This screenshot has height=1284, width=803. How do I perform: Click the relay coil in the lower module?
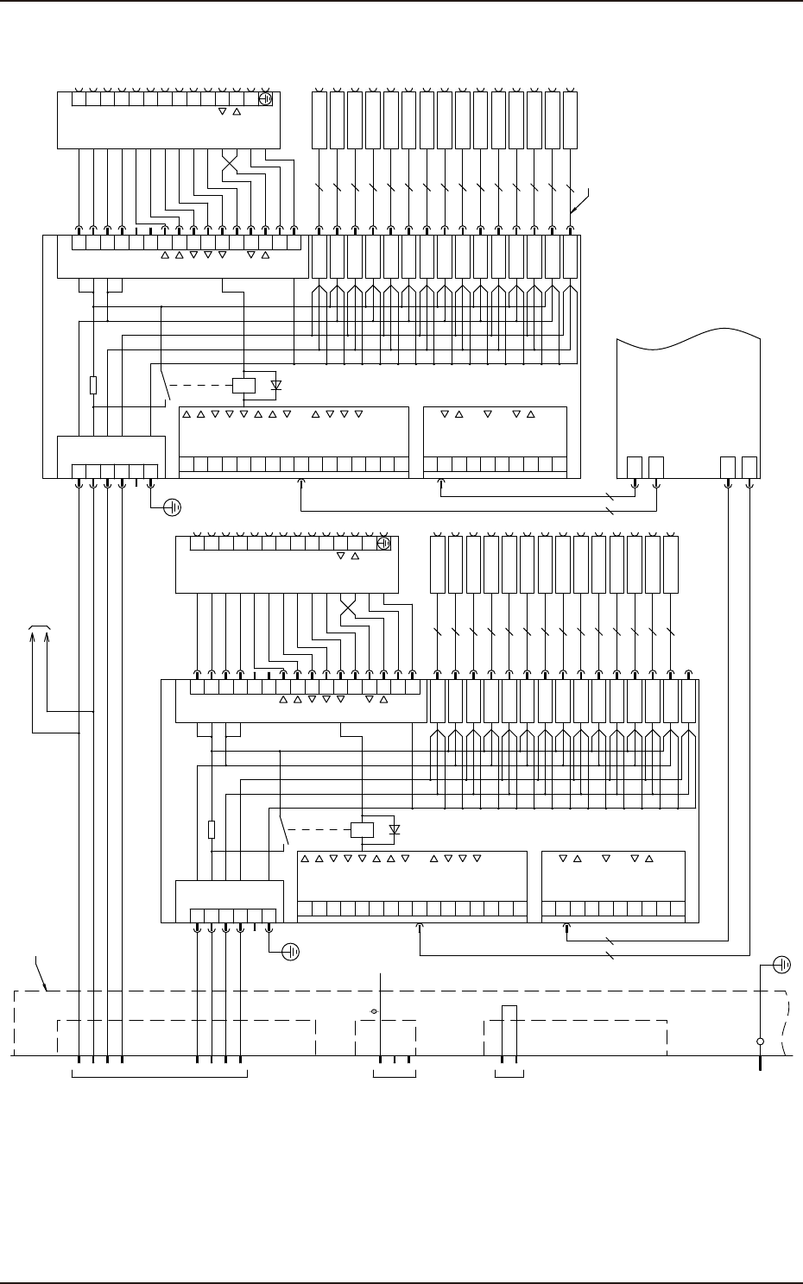(x=360, y=830)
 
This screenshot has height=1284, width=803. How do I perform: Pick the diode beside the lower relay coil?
(x=395, y=830)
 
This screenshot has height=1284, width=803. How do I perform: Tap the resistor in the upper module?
(x=93, y=385)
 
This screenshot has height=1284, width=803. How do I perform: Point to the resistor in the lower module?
(x=212, y=829)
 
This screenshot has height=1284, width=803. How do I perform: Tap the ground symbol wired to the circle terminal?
(x=782, y=964)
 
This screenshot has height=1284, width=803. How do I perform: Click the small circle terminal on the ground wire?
(x=760, y=1042)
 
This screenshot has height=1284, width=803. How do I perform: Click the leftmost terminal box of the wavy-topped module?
(x=635, y=467)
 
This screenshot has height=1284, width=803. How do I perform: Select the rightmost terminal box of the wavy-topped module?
(x=749, y=467)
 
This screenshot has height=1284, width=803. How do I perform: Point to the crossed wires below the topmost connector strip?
(x=230, y=163)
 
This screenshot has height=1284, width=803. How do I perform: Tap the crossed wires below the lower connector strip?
(x=348, y=608)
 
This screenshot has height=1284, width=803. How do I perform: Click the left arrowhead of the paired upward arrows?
(x=34, y=637)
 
